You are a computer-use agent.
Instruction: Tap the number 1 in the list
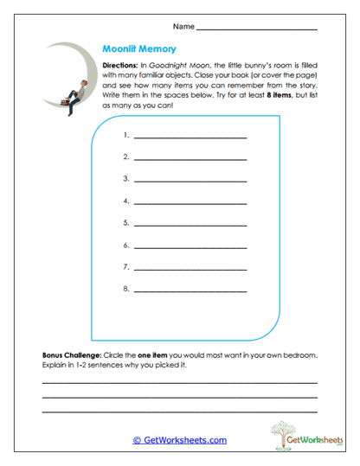click(x=126, y=136)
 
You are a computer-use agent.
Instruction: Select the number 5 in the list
click(x=126, y=222)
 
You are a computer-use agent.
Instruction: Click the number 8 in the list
click(x=126, y=287)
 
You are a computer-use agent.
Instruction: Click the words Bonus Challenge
click(x=71, y=355)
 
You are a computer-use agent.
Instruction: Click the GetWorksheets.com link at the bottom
click(x=180, y=440)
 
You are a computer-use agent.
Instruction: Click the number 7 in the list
click(x=126, y=265)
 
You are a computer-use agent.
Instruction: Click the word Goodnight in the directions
click(x=179, y=66)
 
